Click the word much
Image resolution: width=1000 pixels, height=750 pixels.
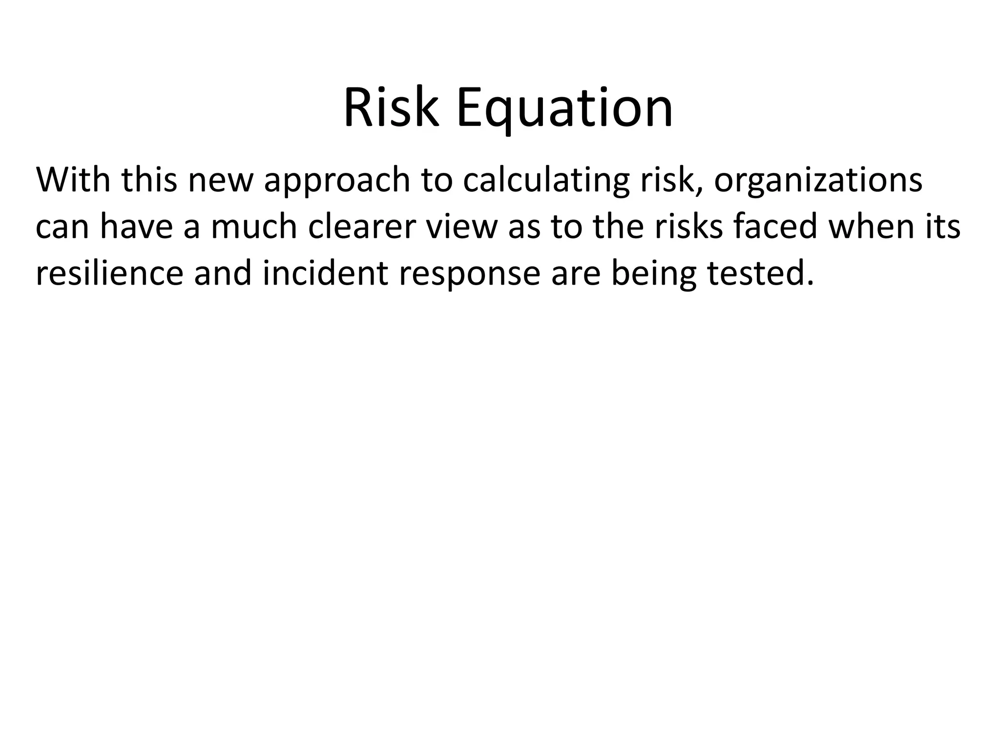tap(254, 227)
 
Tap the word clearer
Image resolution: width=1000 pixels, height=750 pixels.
tap(361, 227)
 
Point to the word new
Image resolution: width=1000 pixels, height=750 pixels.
tap(220, 181)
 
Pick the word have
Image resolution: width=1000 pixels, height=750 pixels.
tap(136, 227)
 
